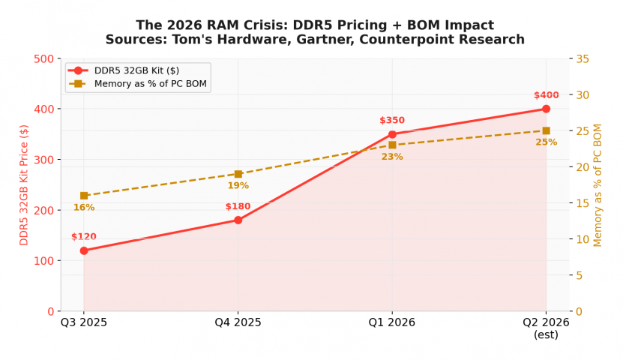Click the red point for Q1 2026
pos(392,134)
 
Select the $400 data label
pos(546,95)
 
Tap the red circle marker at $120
pos(84,250)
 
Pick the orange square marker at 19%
pos(238,174)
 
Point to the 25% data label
pos(546,142)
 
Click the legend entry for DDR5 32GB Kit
pos(136,70)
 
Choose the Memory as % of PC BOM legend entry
pos(150,83)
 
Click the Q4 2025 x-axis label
pos(238,322)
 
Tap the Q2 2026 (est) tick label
pos(546,328)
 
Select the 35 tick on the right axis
pos(581,58)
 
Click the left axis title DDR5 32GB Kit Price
pos(24,184)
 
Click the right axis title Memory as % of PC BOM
pos(598,184)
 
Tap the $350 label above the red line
pos(392,120)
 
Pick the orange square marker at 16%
pos(84,196)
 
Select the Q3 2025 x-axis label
pos(84,322)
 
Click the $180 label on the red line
pos(238,206)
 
